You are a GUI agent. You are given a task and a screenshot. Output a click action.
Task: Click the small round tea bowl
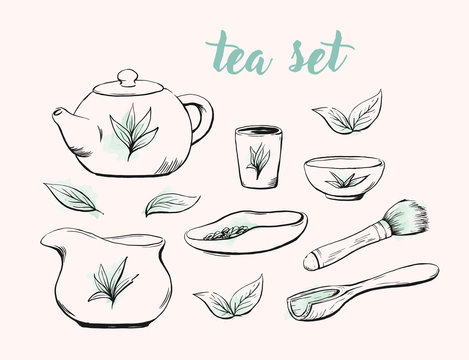(345, 177)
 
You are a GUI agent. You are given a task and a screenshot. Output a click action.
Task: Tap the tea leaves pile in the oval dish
(232, 234)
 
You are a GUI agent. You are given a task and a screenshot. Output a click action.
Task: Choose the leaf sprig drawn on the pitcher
(107, 279)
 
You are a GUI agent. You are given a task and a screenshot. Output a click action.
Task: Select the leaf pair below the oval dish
(231, 296)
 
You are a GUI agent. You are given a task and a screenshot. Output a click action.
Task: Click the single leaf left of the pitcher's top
(74, 196)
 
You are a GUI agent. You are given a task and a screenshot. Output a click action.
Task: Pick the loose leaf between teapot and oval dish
(171, 204)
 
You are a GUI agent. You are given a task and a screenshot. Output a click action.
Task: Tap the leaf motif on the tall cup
(258, 159)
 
